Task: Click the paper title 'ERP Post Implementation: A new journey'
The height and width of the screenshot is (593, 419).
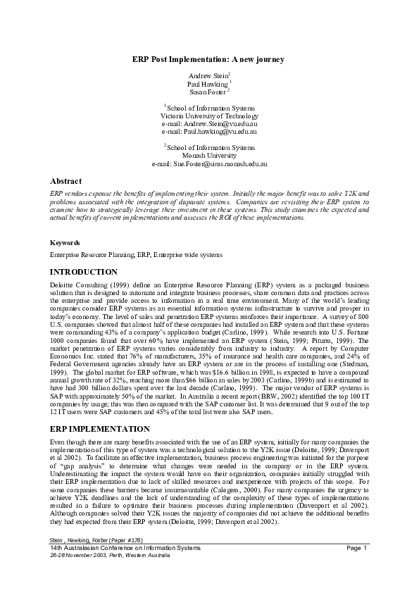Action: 208,59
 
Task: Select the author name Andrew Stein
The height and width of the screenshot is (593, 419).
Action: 207,75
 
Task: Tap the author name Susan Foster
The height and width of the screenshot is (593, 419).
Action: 207,92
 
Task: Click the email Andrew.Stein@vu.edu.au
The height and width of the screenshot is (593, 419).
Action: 209,123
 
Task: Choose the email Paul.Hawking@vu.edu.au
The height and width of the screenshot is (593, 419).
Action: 209,131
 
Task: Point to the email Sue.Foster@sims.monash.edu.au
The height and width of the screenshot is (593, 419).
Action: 209,163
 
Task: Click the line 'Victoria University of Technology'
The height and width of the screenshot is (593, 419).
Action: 209,116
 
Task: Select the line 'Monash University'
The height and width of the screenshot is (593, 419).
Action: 209,155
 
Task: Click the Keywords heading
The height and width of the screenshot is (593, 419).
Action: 65,242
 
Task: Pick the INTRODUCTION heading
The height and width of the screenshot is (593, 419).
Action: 84,271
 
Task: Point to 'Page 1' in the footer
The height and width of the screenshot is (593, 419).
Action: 358,547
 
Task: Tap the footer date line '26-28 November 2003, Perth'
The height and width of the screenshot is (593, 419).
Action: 110,554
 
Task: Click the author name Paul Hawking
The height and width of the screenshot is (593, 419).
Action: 207,83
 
